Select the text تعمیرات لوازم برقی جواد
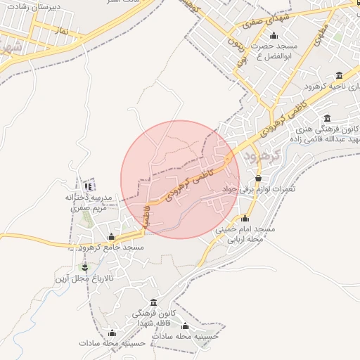(259, 190)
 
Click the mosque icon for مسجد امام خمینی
(245, 219)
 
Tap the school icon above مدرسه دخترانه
(89, 186)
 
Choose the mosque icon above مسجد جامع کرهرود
(112, 237)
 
